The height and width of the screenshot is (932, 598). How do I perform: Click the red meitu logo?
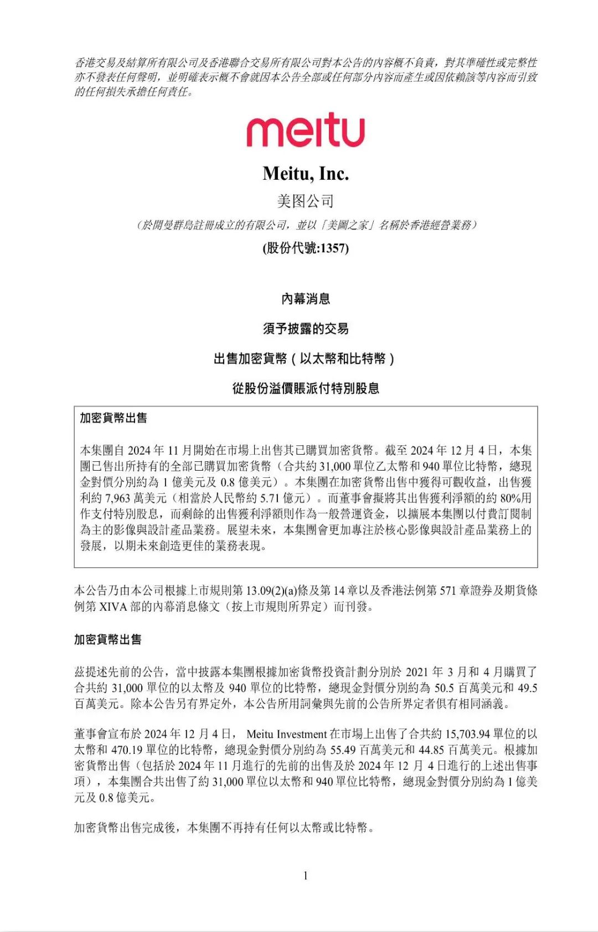click(x=306, y=130)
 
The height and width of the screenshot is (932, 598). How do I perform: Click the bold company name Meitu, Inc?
click(x=306, y=174)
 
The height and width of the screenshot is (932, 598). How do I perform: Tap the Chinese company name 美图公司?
click(x=306, y=201)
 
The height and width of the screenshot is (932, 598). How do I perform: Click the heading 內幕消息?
click(x=306, y=299)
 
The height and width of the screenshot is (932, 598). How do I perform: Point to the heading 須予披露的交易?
click(x=306, y=329)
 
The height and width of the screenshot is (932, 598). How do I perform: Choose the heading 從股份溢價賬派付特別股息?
click(x=306, y=388)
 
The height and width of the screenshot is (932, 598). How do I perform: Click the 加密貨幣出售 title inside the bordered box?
click(x=114, y=418)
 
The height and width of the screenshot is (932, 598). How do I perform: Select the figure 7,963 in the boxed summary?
click(x=117, y=498)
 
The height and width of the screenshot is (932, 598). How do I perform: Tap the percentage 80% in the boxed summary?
click(x=511, y=498)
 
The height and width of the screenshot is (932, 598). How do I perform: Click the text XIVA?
click(x=114, y=607)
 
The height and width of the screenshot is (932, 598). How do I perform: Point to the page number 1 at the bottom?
click(x=306, y=876)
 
